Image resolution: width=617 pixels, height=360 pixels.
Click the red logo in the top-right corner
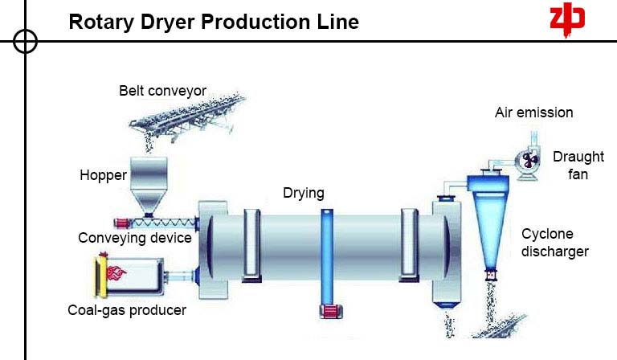click(x=566, y=20)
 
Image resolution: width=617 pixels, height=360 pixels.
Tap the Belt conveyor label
click(x=163, y=91)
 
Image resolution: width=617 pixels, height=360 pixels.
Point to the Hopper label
click(x=103, y=174)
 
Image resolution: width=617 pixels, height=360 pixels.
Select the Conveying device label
click(x=135, y=238)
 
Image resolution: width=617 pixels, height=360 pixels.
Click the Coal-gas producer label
click(x=127, y=310)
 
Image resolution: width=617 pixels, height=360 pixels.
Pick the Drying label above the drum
click(x=304, y=193)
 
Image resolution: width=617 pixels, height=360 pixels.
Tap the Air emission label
click(x=533, y=112)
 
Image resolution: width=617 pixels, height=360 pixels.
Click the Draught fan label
click(x=572, y=165)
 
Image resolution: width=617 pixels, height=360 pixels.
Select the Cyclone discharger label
click(x=554, y=243)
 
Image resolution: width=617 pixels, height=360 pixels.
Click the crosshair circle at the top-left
click(x=25, y=41)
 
